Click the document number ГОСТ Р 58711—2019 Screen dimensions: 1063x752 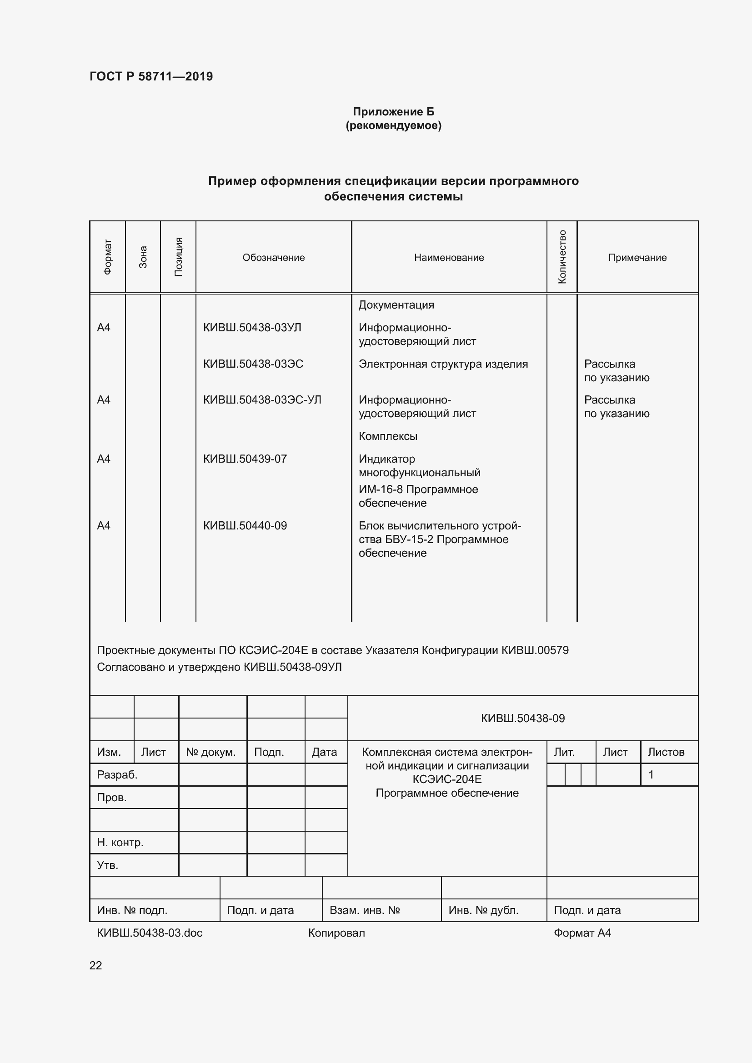pos(151,76)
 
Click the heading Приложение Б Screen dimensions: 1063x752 pos(393,112)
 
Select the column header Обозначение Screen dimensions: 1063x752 pos(273,257)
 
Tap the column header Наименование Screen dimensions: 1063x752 pos(449,257)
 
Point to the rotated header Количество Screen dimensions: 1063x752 pos(561,257)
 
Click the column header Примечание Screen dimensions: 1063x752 pos(637,257)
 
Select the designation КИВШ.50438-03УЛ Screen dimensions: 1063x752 pos(252,327)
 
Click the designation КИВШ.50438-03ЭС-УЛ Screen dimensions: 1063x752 pos(261,399)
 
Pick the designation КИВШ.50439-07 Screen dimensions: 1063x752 pos(245,459)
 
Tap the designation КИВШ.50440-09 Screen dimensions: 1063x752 pos(245,525)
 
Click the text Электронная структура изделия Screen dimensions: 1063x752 pos(443,364)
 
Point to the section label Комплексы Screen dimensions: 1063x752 pos(387,436)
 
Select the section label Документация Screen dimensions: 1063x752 pos(396,304)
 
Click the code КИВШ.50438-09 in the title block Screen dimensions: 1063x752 pos(522,718)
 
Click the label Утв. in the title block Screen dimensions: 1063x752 pos(107,865)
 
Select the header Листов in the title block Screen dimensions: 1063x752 pos(666,752)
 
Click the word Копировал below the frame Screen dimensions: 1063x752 pos(336,933)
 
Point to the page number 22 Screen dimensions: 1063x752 pos(95,965)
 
